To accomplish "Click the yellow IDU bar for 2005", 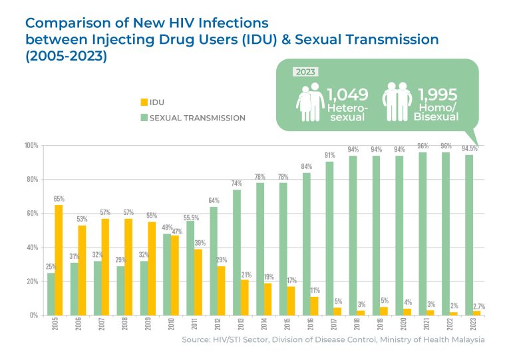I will click(x=59, y=260).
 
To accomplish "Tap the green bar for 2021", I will click(x=422, y=234).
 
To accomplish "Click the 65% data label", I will click(x=59, y=199).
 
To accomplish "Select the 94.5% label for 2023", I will click(x=470, y=149).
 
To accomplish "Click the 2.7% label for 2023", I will click(x=479, y=305).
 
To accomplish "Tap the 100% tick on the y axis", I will click(x=31, y=146).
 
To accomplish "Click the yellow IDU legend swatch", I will click(x=143, y=102).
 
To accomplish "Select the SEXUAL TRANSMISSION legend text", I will click(x=198, y=118).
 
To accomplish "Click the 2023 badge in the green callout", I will click(x=307, y=73).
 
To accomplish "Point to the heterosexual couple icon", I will click(x=309, y=103).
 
